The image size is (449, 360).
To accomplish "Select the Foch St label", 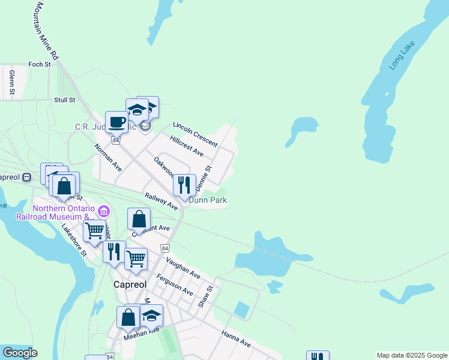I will [39, 64].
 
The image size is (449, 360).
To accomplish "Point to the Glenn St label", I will [11, 83].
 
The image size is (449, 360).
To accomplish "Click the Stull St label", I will [64, 100].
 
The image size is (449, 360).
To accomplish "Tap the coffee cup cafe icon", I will [117, 122].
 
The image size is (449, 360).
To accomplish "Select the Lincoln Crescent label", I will [194, 134].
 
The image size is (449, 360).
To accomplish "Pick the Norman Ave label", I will [108, 158].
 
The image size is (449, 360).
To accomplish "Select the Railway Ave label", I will [161, 201].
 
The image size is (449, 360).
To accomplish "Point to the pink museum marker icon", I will [103, 211].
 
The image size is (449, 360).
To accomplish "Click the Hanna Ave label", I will [235, 339].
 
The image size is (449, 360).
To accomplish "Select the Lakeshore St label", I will [74, 241].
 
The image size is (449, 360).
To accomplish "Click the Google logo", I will [19, 353].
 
